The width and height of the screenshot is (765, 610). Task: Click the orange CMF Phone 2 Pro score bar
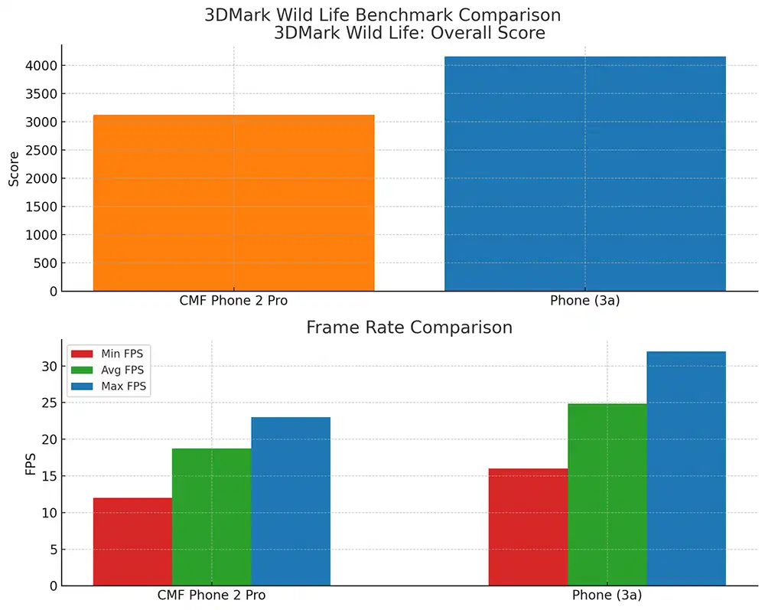pyautogui.click(x=233, y=203)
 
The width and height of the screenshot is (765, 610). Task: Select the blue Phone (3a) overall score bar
pyautogui.click(x=584, y=174)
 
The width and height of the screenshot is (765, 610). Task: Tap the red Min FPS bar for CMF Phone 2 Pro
pyautogui.click(x=132, y=542)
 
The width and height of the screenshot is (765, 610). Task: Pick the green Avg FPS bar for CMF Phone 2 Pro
pyautogui.click(x=211, y=517)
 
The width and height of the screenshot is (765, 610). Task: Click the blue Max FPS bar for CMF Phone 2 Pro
pyautogui.click(x=291, y=501)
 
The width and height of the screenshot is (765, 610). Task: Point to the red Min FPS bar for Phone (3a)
pyautogui.click(x=528, y=527)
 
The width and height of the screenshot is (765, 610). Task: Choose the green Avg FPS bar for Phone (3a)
pyautogui.click(x=607, y=494)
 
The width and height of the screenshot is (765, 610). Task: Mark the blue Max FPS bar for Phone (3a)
pyautogui.click(x=686, y=468)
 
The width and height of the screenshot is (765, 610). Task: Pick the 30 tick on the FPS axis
pyautogui.click(x=48, y=367)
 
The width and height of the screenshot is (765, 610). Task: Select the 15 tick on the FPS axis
pyautogui.click(x=48, y=476)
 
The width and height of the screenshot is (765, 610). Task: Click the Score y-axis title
pyautogui.click(x=14, y=168)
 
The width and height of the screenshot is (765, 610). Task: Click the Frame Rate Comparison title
pyautogui.click(x=409, y=328)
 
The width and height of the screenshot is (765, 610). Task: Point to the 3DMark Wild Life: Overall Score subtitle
pyautogui.click(x=409, y=33)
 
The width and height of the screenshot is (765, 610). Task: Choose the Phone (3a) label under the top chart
pyautogui.click(x=584, y=301)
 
